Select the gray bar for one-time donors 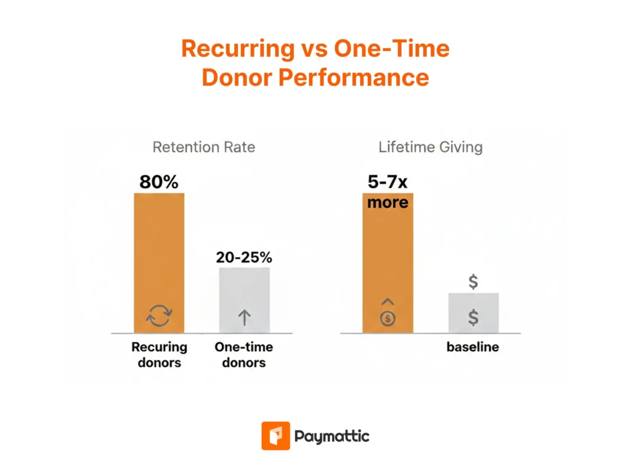point(244,290)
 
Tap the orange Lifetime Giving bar point(388,265)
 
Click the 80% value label point(159,182)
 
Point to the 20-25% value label point(244,258)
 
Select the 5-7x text point(388,183)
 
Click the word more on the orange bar point(388,202)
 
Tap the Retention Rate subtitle point(203,147)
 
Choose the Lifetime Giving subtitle point(430,147)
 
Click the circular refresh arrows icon point(159,317)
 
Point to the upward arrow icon point(244,317)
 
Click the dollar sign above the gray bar point(473,282)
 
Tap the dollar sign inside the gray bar point(473,317)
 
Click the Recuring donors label point(159,354)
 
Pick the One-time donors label point(244,354)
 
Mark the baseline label point(473,347)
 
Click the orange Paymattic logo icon point(275,436)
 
